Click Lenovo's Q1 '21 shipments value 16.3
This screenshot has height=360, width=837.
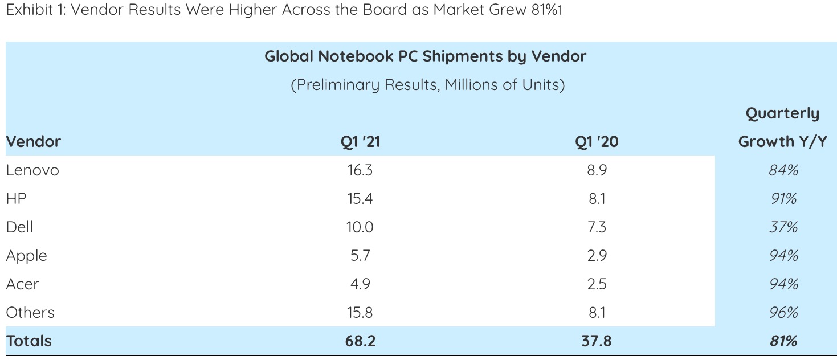tap(360, 170)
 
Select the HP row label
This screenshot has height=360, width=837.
tap(16, 199)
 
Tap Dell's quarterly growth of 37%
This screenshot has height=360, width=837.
tap(783, 227)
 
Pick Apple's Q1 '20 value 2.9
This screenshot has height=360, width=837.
tap(597, 256)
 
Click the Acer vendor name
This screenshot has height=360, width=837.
tap(22, 284)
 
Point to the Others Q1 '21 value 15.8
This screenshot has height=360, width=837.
tap(360, 313)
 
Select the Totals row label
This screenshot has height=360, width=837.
tap(28, 341)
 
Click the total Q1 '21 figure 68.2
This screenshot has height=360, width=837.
tap(360, 341)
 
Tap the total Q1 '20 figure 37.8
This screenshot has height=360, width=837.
tap(597, 341)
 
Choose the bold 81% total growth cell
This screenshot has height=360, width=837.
tap(783, 341)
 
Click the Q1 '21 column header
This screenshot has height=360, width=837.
tap(360, 142)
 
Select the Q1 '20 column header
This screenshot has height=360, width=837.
tap(597, 142)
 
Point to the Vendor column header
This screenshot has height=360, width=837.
tap(33, 142)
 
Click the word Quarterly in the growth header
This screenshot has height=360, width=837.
tap(782, 114)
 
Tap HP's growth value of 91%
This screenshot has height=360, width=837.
tap(783, 199)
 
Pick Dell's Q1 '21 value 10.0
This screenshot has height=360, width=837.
tap(360, 227)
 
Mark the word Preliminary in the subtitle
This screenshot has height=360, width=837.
tap(337, 85)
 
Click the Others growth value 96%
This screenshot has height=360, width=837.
tap(783, 313)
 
